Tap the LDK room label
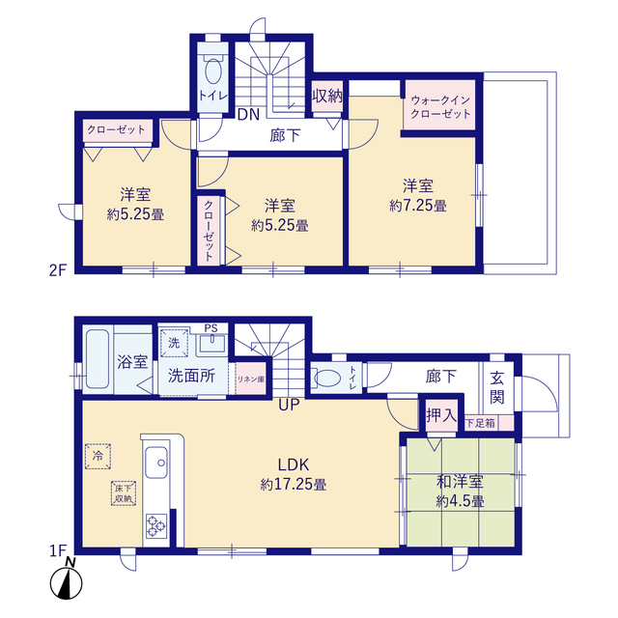pyautogui.click(x=294, y=465)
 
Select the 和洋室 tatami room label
pyautogui.click(x=460, y=482)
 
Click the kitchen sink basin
pyautogui.click(x=156, y=463)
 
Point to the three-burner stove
pyautogui.click(x=156, y=526)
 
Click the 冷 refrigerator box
pyautogui.click(x=98, y=457)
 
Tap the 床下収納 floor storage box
pyautogui.click(x=124, y=493)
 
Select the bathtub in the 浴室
pyautogui.click(x=98, y=358)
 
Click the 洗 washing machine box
pyautogui.click(x=174, y=343)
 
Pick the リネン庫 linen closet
pyautogui.click(x=251, y=379)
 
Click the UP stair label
pyautogui.click(x=289, y=405)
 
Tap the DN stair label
pyautogui.click(x=249, y=114)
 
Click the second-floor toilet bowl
pyautogui.click(x=213, y=70)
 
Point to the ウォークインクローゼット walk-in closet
pyautogui.click(x=440, y=106)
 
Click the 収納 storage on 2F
pyautogui.click(x=327, y=97)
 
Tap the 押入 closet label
pyautogui.click(x=441, y=415)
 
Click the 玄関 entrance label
pyautogui.click(x=497, y=388)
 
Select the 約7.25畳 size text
pyautogui.click(x=418, y=206)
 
